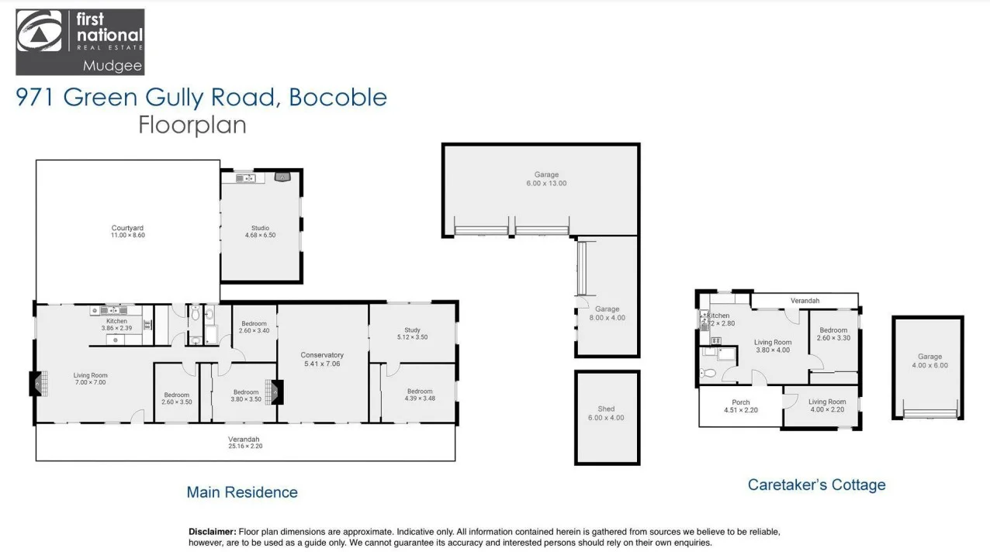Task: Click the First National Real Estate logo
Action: click(80, 42)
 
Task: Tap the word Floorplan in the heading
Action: click(192, 125)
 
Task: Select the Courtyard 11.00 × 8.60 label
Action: click(128, 231)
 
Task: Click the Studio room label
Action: click(260, 231)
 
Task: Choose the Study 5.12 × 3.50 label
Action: click(412, 333)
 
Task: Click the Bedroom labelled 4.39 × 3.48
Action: click(420, 395)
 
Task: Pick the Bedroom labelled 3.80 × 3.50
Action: click(245, 395)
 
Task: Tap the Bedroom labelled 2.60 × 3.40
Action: click(254, 327)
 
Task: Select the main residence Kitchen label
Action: click(116, 324)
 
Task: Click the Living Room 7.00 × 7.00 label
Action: click(91, 378)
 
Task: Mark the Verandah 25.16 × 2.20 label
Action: click(244, 443)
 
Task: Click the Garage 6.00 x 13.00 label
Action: click(546, 179)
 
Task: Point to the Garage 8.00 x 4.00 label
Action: click(607, 313)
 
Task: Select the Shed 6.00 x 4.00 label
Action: click(606, 413)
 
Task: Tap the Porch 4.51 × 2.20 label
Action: click(740, 405)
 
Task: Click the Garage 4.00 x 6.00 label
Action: click(929, 361)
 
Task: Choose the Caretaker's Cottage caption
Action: click(816, 485)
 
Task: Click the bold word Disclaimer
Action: click(212, 532)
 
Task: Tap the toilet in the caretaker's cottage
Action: click(707, 374)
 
